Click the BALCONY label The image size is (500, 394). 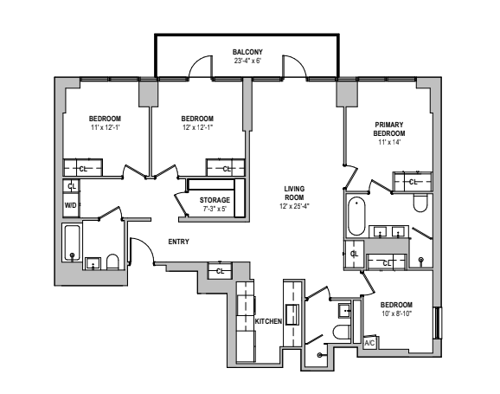247,52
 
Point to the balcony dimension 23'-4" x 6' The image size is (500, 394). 247,61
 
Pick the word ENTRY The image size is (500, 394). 179,242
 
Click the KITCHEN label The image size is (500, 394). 268,321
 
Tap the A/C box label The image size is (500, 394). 369,343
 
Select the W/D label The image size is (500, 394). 71,205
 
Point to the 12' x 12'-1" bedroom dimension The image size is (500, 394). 197,127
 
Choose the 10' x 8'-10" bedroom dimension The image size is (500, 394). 396,314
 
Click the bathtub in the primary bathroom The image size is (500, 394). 356,216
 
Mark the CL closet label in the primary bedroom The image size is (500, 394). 413,182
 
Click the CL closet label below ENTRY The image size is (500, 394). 221,271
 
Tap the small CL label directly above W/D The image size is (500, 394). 72,185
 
